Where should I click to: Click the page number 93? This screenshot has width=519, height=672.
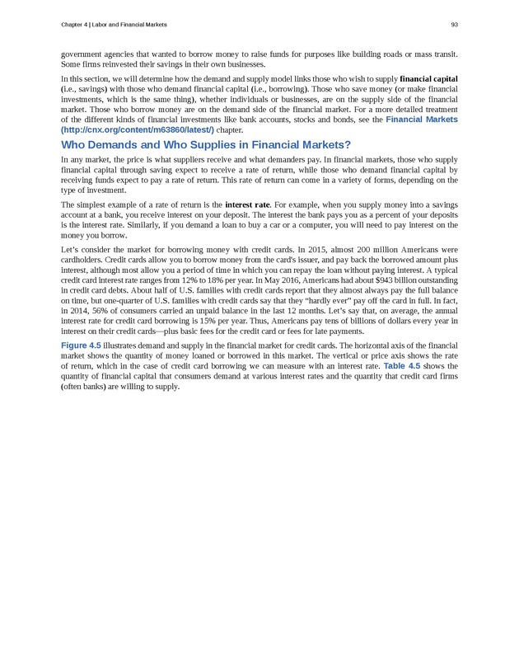(x=454, y=25)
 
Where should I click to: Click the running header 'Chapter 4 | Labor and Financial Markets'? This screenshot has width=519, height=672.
(x=114, y=25)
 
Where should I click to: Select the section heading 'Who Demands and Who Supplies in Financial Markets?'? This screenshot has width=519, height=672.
(x=207, y=145)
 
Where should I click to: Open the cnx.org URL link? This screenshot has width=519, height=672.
(x=138, y=130)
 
